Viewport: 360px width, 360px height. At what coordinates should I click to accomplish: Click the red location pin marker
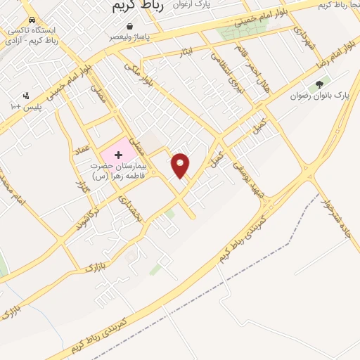pos(181,165)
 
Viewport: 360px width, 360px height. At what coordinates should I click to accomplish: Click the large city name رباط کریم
pos(139,6)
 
